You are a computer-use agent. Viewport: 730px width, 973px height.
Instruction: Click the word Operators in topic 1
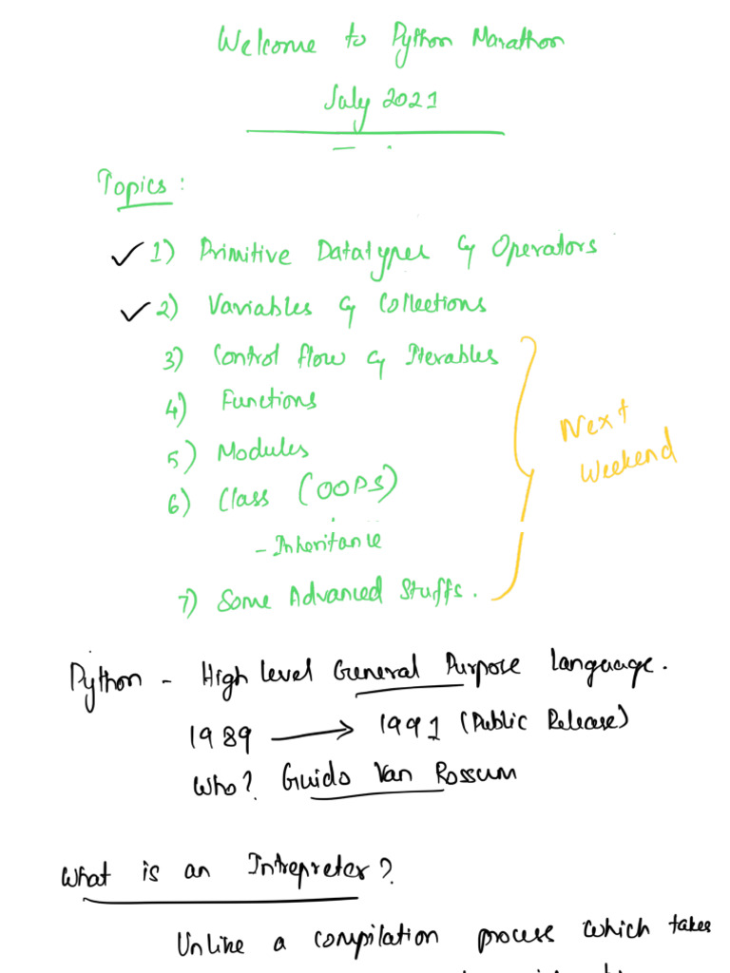[x=543, y=249]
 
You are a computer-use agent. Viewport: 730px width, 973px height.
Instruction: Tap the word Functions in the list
[x=268, y=400]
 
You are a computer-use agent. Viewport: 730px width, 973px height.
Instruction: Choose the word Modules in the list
[x=262, y=450]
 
